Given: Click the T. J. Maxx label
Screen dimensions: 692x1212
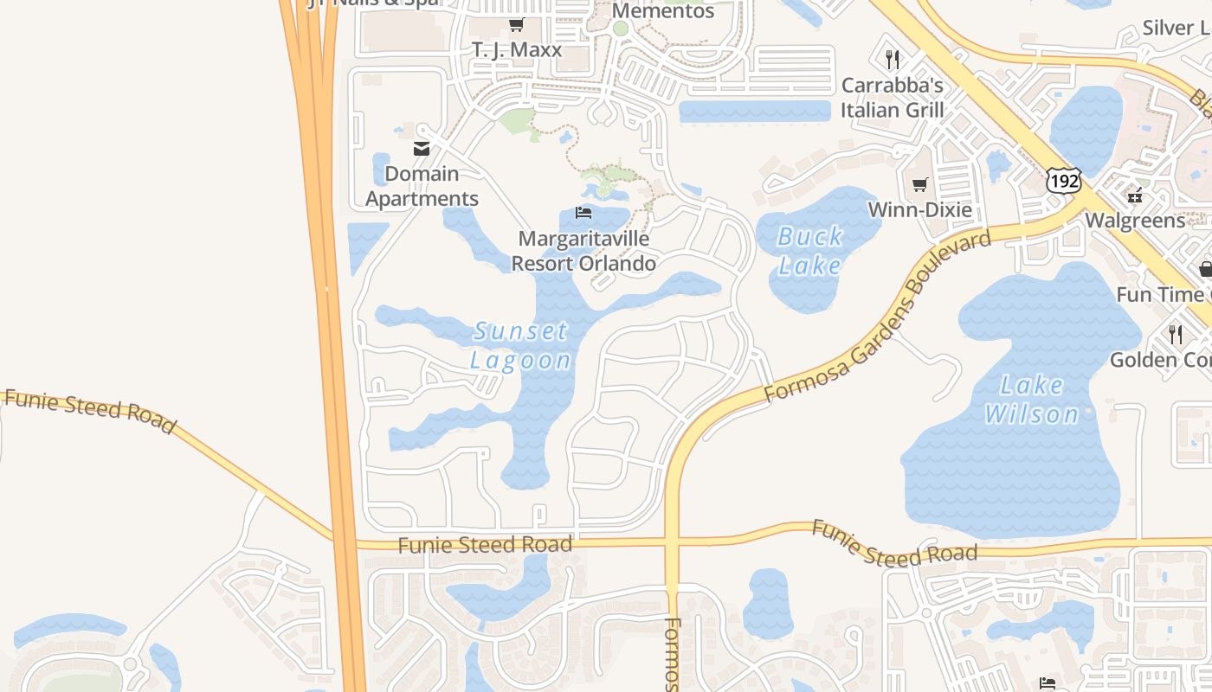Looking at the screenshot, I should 517,50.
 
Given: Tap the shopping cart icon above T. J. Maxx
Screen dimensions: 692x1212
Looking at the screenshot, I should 516,24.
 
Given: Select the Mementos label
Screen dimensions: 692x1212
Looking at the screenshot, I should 663,11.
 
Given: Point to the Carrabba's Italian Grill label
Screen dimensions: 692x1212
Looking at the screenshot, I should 892,98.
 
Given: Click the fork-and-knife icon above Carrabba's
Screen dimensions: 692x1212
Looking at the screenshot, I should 893,59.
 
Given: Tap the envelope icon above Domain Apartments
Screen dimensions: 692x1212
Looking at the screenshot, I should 422,149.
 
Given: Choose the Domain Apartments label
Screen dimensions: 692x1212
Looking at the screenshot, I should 422,186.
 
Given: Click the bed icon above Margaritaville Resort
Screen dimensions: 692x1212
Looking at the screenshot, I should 583,213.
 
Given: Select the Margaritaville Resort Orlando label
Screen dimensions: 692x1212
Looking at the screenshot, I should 583,250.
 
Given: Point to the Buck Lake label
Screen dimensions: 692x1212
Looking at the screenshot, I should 810,250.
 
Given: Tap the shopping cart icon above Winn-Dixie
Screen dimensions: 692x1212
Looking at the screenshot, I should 919,184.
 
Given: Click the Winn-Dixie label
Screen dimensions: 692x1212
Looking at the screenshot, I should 919,210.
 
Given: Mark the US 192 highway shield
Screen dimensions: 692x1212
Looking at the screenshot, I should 1062,181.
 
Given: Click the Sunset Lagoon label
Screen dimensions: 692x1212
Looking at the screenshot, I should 521,345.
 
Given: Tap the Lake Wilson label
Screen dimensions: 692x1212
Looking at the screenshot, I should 1031,400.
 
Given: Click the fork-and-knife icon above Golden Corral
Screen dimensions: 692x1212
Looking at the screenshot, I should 1175,334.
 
